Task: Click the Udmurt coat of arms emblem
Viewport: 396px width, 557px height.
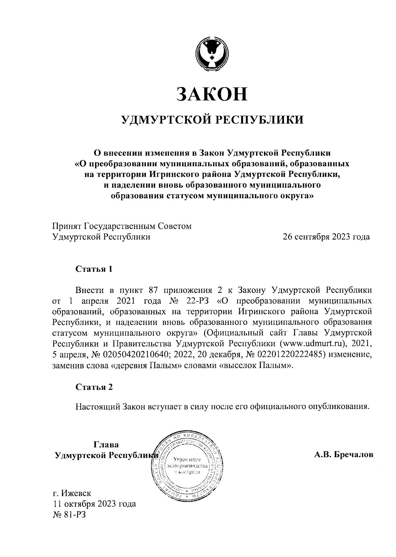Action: point(211,54)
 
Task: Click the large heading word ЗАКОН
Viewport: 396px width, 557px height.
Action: point(212,94)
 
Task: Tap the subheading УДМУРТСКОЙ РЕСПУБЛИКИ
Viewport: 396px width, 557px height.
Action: point(212,120)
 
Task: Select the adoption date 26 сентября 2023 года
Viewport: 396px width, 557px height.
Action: point(326,237)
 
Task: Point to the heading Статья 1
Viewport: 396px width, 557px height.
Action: point(94,269)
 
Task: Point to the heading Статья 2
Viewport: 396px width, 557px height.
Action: point(94,387)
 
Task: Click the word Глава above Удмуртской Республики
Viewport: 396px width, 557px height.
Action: point(106,445)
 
